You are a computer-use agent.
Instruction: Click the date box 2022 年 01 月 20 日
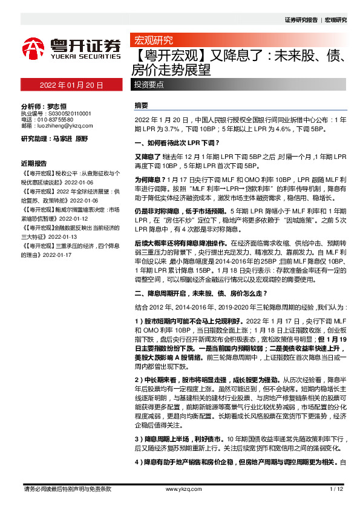71,85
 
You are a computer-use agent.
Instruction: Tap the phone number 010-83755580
58,120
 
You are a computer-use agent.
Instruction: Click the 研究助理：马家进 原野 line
54,139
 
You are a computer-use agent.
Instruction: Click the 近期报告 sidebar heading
34,163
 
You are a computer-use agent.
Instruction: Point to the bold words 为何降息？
147,181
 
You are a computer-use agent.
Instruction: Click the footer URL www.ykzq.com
179,488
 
